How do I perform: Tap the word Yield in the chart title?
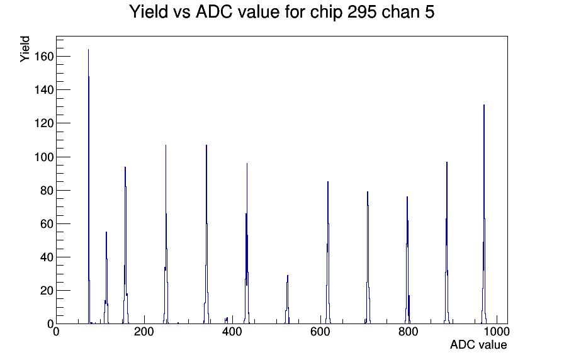pyautogui.click(x=149, y=12)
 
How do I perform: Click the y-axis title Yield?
pyautogui.click(x=25, y=49)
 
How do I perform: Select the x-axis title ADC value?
pyautogui.click(x=478, y=344)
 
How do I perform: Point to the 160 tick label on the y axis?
pyautogui.click(x=44, y=57)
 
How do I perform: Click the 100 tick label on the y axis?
pyautogui.click(x=44, y=157)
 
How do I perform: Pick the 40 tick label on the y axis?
pyautogui.click(x=47, y=257)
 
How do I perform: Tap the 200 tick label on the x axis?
pyautogui.click(x=144, y=331)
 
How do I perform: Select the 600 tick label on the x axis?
pyautogui.click(x=320, y=331)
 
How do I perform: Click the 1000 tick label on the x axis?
pyautogui.click(x=497, y=331)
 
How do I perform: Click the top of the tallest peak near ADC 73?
pyautogui.click(x=89, y=50)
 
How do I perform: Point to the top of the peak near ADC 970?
pyautogui.click(x=484, y=105)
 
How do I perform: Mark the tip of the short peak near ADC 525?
pyautogui.click(x=288, y=276)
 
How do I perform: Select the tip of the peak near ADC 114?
pyautogui.click(x=106, y=232)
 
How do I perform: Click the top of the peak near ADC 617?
pyautogui.click(x=328, y=182)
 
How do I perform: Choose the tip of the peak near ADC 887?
pyautogui.click(x=447, y=162)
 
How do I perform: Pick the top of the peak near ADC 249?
pyautogui.click(x=166, y=145)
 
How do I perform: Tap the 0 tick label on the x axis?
pyautogui.click(x=56, y=331)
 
